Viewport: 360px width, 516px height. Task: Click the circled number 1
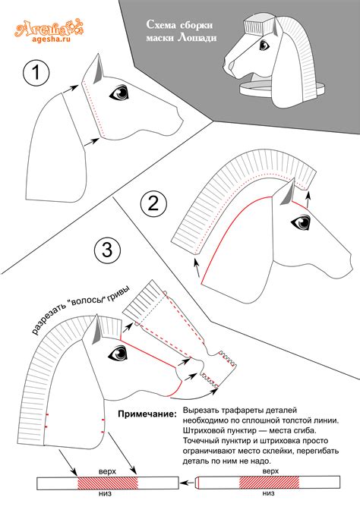click(x=36, y=73)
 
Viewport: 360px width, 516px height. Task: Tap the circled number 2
click(x=153, y=203)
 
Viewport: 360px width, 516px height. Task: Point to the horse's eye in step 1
click(x=119, y=93)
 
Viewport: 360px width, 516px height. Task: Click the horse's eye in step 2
click(x=301, y=222)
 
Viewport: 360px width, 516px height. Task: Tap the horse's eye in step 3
click(x=118, y=353)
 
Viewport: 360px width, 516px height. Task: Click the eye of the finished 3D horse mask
click(x=264, y=45)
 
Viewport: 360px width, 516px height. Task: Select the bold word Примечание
click(x=147, y=414)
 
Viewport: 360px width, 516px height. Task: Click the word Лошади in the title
click(x=197, y=37)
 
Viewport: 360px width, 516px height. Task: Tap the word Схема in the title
click(x=161, y=24)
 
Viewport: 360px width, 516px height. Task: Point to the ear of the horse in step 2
click(x=288, y=195)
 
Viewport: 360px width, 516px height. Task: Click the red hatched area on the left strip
click(x=107, y=483)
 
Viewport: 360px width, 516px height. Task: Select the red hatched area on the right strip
click(x=269, y=482)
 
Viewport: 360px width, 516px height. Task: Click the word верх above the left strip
click(x=107, y=471)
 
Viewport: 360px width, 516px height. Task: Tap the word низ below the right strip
click(x=269, y=493)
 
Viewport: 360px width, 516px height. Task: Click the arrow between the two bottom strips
click(x=188, y=483)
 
